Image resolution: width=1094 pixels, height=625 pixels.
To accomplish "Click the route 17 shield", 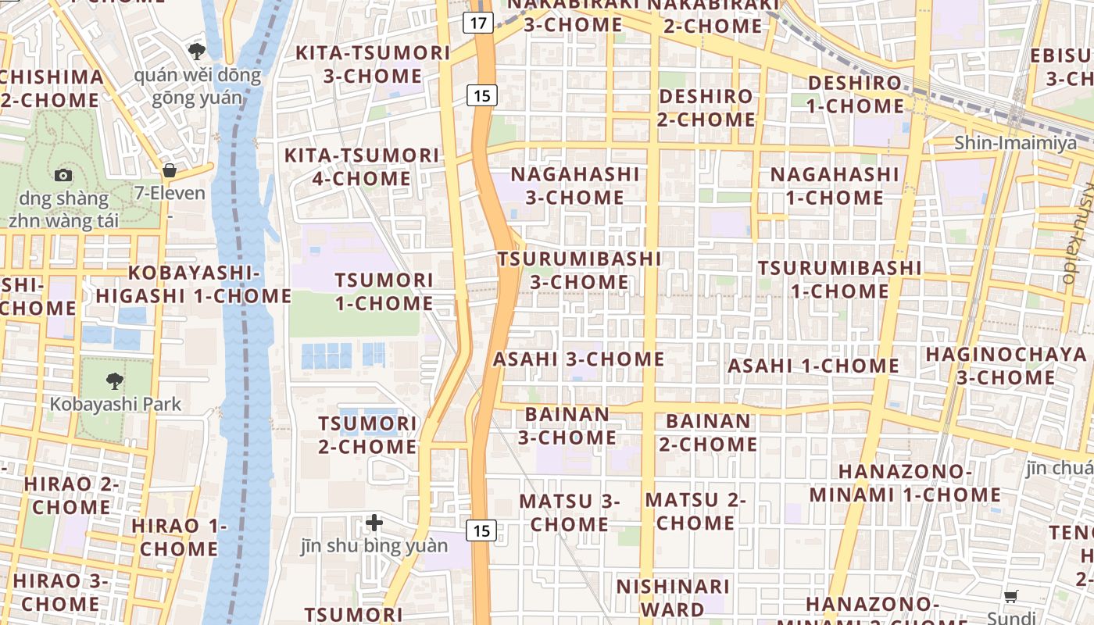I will coord(478,23).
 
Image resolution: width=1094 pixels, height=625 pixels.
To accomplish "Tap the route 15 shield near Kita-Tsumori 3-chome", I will coord(482,96).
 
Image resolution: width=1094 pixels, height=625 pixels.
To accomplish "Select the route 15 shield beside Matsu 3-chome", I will coord(482,530).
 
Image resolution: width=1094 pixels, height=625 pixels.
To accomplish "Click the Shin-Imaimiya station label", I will coord(1015,144).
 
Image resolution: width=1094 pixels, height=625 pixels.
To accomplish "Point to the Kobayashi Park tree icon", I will coord(115,381).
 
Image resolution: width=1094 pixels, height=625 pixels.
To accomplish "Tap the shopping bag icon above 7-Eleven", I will coord(170,170).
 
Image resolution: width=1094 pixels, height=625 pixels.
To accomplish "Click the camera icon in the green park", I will coord(63,175).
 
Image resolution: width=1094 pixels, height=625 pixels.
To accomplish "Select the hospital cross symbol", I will coord(374,522).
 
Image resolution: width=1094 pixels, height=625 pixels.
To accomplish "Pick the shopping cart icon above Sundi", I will coord(1010,597).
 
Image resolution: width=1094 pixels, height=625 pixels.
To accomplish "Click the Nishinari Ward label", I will coord(673,598).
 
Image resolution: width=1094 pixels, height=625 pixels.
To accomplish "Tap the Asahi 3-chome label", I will coord(578,359).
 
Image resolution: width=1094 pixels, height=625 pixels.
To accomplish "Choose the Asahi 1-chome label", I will coord(813,366).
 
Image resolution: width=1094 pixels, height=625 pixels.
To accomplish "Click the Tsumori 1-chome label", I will coord(384,291).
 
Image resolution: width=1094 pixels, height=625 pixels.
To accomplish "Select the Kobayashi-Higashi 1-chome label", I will coord(194,284).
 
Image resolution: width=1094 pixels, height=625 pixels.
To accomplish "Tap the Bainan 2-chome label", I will coord(708,433).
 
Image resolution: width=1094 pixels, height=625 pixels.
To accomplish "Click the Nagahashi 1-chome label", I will coord(834,186).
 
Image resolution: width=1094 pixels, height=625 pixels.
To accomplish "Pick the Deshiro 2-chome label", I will coord(706,108).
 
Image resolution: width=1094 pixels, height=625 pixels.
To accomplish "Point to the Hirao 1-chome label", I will coord(179,537).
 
